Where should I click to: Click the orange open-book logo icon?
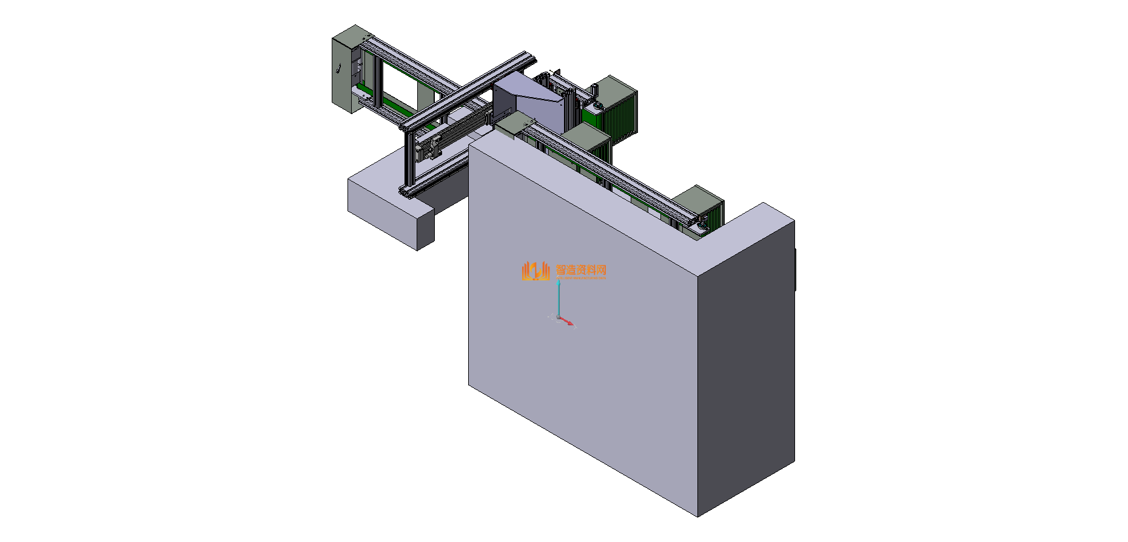tap(535, 271)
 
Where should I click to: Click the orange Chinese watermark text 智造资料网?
tap(581, 269)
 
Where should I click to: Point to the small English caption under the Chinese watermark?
tap(581, 278)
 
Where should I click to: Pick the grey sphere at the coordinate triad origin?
tap(559, 317)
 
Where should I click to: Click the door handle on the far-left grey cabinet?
tap(338, 69)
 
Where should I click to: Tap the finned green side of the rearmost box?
tap(625, 115)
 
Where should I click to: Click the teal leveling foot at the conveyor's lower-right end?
tap(702, 227)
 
